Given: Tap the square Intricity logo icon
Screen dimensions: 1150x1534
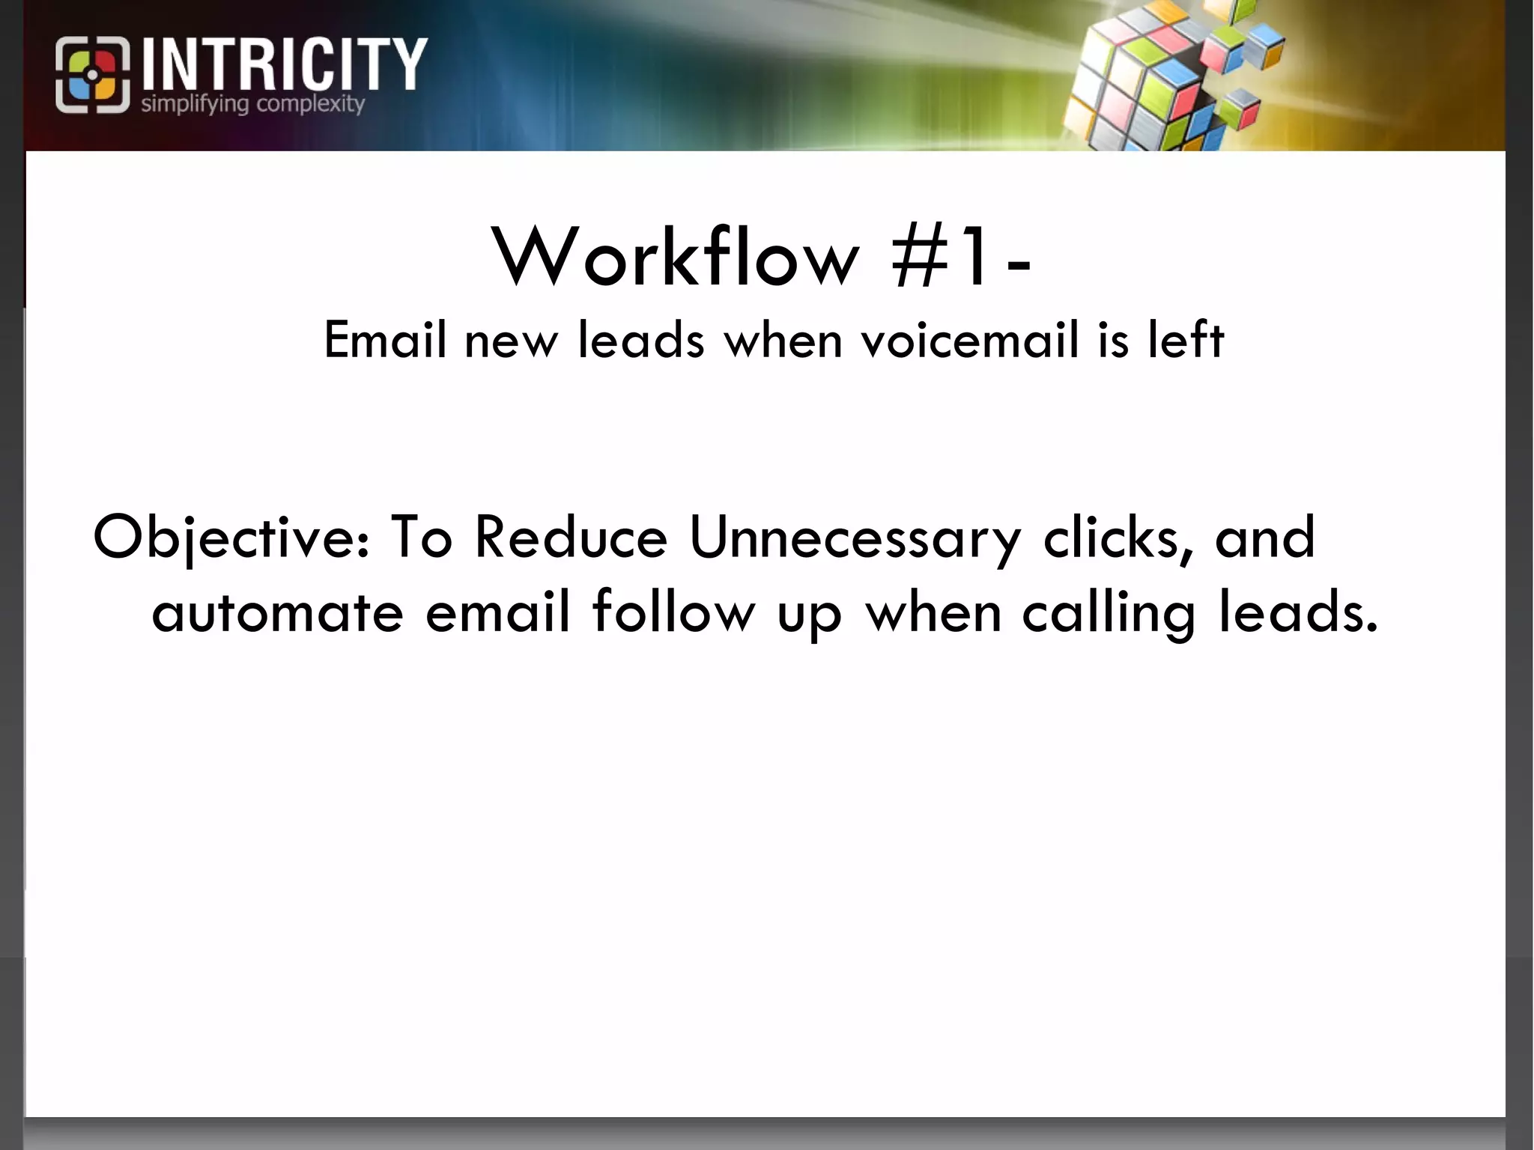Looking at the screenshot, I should (x=92, y=75).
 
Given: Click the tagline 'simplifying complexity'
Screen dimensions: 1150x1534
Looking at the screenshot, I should (x=252, y=103).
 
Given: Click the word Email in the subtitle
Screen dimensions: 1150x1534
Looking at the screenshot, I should (x=385, y=340).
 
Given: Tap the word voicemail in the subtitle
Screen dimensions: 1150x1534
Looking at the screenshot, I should (x=970, y=340).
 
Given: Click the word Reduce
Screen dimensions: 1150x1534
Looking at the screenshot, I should (x=570, y=538).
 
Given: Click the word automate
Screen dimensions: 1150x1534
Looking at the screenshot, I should (x=277, y=612).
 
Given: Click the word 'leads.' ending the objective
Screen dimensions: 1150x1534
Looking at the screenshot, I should (x=1297, y=612).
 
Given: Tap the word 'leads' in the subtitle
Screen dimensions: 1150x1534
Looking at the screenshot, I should (x=641, y=340).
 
